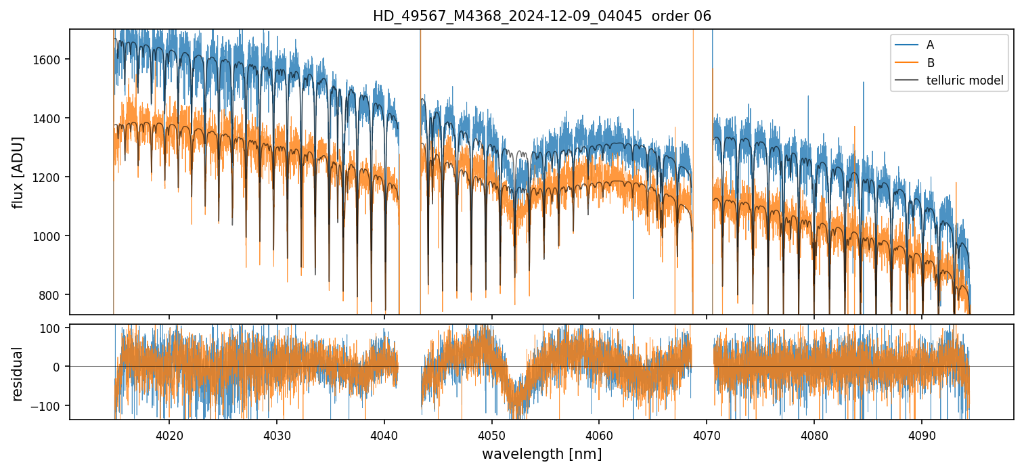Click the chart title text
(x=541, y=16)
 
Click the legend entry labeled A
(x=930, y=45)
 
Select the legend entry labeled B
(x=930, y=63)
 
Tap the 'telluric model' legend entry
(x=964, y=81)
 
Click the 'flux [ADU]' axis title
(x=18, y=172)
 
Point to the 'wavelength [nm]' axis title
(x=541, y=453)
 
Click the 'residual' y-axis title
(x=18, y=374)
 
